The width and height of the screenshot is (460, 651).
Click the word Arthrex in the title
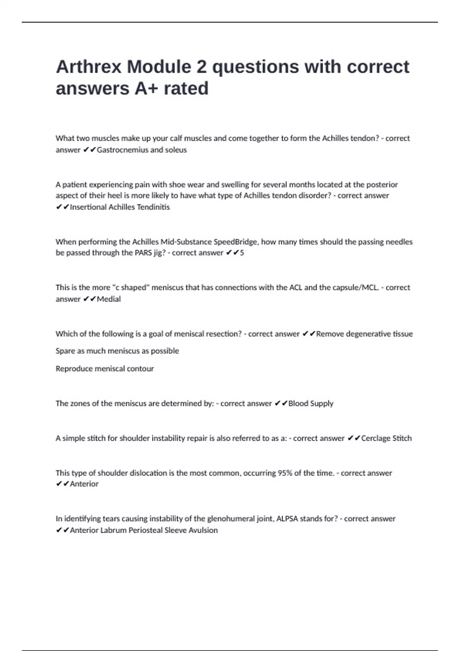[89, 67]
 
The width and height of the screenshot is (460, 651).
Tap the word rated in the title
[186, 88]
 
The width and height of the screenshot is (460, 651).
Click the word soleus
[176, 150]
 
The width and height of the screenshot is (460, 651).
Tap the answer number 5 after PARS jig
[242, 253]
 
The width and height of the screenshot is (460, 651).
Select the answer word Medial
[109, 299]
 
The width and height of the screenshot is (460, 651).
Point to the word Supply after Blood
[322, 403]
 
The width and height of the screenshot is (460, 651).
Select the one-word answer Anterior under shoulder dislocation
[84, 484]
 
